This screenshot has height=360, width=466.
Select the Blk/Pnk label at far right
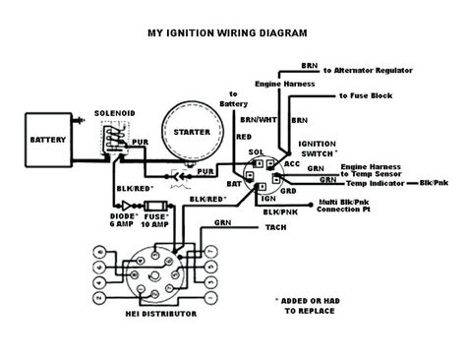pyautogui.click(x=439, y=183)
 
